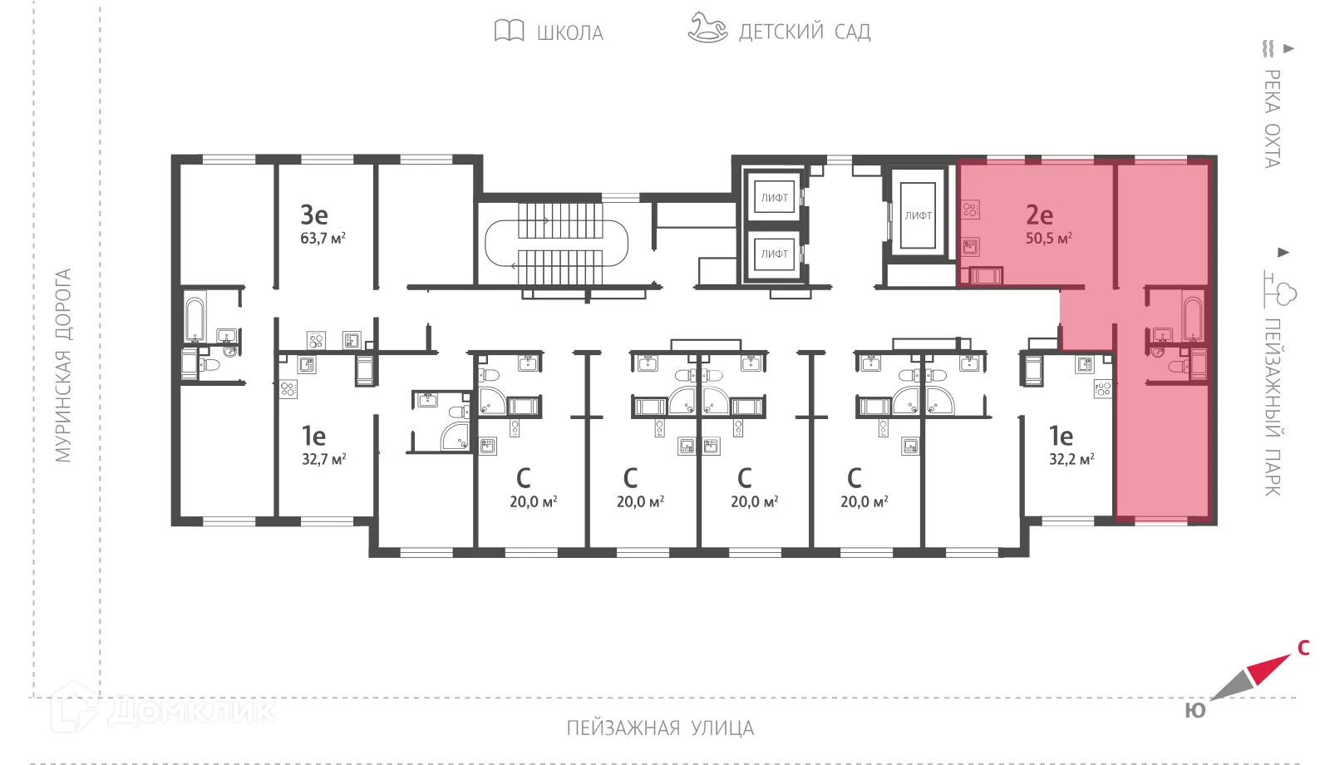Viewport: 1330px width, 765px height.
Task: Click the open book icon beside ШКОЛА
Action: pyautogui.click(x=509, y=31)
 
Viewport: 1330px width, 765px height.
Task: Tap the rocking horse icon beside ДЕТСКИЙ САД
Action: pyautogui.click(x=707, y=27)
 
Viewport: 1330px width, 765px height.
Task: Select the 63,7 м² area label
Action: pyautogui.click(x=323, y=239)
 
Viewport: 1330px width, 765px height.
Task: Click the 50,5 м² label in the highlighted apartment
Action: pyautogui.click(x=1048, y=239)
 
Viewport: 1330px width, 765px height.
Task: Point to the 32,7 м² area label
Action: pyautogui.click(x=323, y=459)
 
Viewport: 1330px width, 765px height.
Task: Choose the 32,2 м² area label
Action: pyautogui.click(x=1071, y=459)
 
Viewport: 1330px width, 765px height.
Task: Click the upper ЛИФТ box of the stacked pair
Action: pyautogui.click(x=774, y=198)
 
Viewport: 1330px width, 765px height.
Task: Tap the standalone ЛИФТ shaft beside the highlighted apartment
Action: pyautogui.click(x=918, y=215)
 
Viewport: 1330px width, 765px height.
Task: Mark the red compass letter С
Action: pyautogui.click(x=1303, y=648)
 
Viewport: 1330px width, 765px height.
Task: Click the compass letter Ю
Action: pyautogui.click(x=1195, y=711)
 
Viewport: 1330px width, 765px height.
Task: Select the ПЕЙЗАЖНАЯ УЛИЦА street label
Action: pyautogui.click(x=660, y=728)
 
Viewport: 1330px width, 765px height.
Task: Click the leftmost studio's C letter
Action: pyautogui.click(x=523, y=478)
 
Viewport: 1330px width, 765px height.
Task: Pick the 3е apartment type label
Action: pyautogui.click(x=314, y=215)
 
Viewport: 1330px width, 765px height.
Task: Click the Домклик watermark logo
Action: pyautogui.click(x=162, y=709)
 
